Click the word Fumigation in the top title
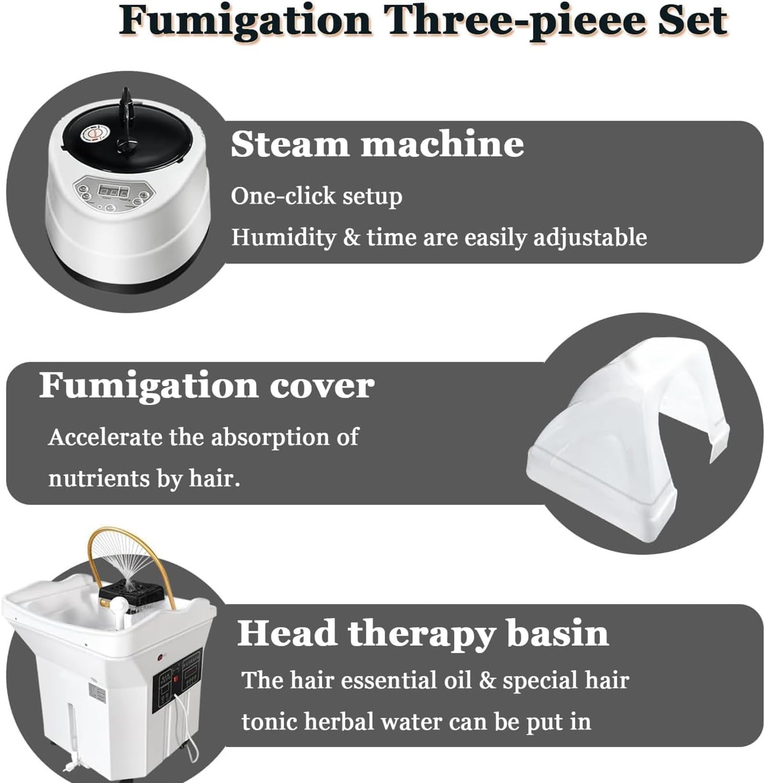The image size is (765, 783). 245,22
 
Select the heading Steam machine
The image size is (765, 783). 377,144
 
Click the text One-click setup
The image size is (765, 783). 316,196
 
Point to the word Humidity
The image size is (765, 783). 283,237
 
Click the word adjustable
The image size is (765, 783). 590,237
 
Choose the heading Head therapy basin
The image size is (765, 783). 423,633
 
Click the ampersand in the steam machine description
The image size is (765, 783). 351,238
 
